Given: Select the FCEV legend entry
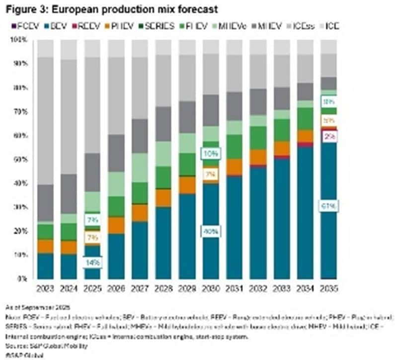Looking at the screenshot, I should (x=19, y=26).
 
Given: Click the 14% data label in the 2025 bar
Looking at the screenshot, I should (x=92, y=262).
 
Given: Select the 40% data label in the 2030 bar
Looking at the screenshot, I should (x=211, y=231).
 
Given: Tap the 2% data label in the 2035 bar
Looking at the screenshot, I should (x=329, y=137).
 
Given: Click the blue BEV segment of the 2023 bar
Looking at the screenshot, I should (x=45, y=266).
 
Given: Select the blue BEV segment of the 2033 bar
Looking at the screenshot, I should (x=281, y=219).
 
